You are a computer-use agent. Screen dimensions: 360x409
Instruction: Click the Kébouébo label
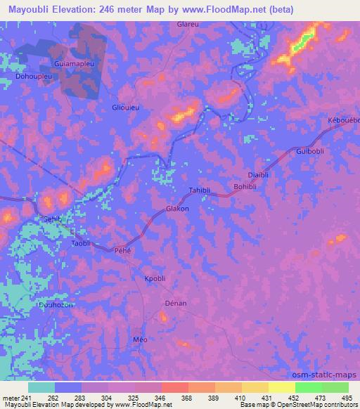pyautogui.click(x=343, y=121)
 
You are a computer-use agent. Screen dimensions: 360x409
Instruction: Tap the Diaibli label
pyautogui.click(x=260, y=175)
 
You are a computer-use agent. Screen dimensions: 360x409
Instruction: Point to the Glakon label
pyautogui.click(x=177, y=209)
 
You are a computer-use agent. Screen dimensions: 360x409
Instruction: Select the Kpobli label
pyautogui.click(x=155, y=278)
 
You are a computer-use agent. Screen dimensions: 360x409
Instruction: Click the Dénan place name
pyautogui.click(x=175, y=303)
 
